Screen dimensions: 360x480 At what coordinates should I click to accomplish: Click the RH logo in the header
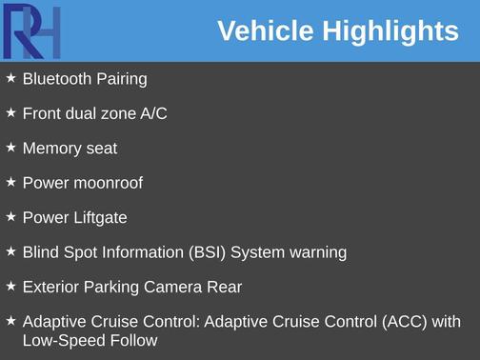coord(31,31)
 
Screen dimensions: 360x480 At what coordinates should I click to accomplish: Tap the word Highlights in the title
coord(389,31)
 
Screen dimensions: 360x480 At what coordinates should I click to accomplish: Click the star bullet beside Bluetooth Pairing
coord(10,78)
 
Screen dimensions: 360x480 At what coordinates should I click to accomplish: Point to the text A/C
coord(153,113)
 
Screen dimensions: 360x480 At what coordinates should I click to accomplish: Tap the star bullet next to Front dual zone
coord(10,112)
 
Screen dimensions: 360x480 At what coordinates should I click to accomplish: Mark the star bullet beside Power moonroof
coord(10,182)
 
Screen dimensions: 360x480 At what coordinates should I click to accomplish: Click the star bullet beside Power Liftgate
coord(10,216)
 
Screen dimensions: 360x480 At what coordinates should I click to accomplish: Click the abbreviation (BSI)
coord(207,252)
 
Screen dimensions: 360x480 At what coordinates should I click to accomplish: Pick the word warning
coord(317,252)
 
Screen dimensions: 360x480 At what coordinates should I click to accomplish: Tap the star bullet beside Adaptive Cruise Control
coord(10,320)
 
